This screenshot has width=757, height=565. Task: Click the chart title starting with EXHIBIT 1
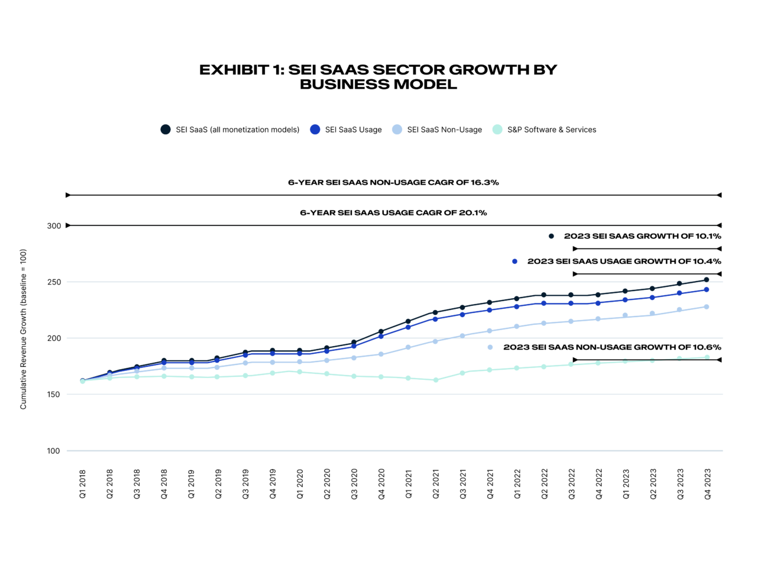click(x=378, y=77)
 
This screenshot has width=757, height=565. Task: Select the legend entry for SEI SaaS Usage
click(x=353, y=130)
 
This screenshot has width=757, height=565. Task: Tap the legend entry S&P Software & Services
click(x=551, y=130)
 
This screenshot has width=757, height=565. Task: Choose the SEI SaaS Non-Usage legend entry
click(x=444, y=130)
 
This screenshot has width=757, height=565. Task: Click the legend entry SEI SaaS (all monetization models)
click(x=237, y=130)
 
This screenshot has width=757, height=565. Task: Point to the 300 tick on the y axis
click(x=54, y=226)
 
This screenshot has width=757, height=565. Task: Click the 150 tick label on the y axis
click(x=54, y=395)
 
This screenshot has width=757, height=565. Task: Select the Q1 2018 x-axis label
click(x=83, y=485)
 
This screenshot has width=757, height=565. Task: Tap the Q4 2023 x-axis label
click(x=707, y=485)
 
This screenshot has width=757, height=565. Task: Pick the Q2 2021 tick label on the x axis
click(x=436, y=485)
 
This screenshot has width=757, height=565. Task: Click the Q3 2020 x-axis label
click(x=354, y=485)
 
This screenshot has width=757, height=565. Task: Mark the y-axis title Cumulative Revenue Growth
click(x=24, y=329)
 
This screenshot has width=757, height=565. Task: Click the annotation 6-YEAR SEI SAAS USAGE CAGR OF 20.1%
click(x=393, y=213)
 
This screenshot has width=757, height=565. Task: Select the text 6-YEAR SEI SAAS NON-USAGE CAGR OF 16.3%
click(x=393, y=183)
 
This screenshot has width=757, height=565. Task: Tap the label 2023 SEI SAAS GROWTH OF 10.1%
click(x=642, y=236)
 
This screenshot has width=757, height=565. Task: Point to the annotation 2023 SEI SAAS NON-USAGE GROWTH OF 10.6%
click(x=612, y=347)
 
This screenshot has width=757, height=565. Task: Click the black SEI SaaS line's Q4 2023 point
click(x=706, y=280)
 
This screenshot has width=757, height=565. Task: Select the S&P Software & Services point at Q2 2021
click(x=436, y=380)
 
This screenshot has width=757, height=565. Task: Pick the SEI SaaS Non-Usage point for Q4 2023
click(x=706, y=306)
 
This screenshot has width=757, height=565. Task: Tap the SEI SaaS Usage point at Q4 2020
click(x=381, y=336)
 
